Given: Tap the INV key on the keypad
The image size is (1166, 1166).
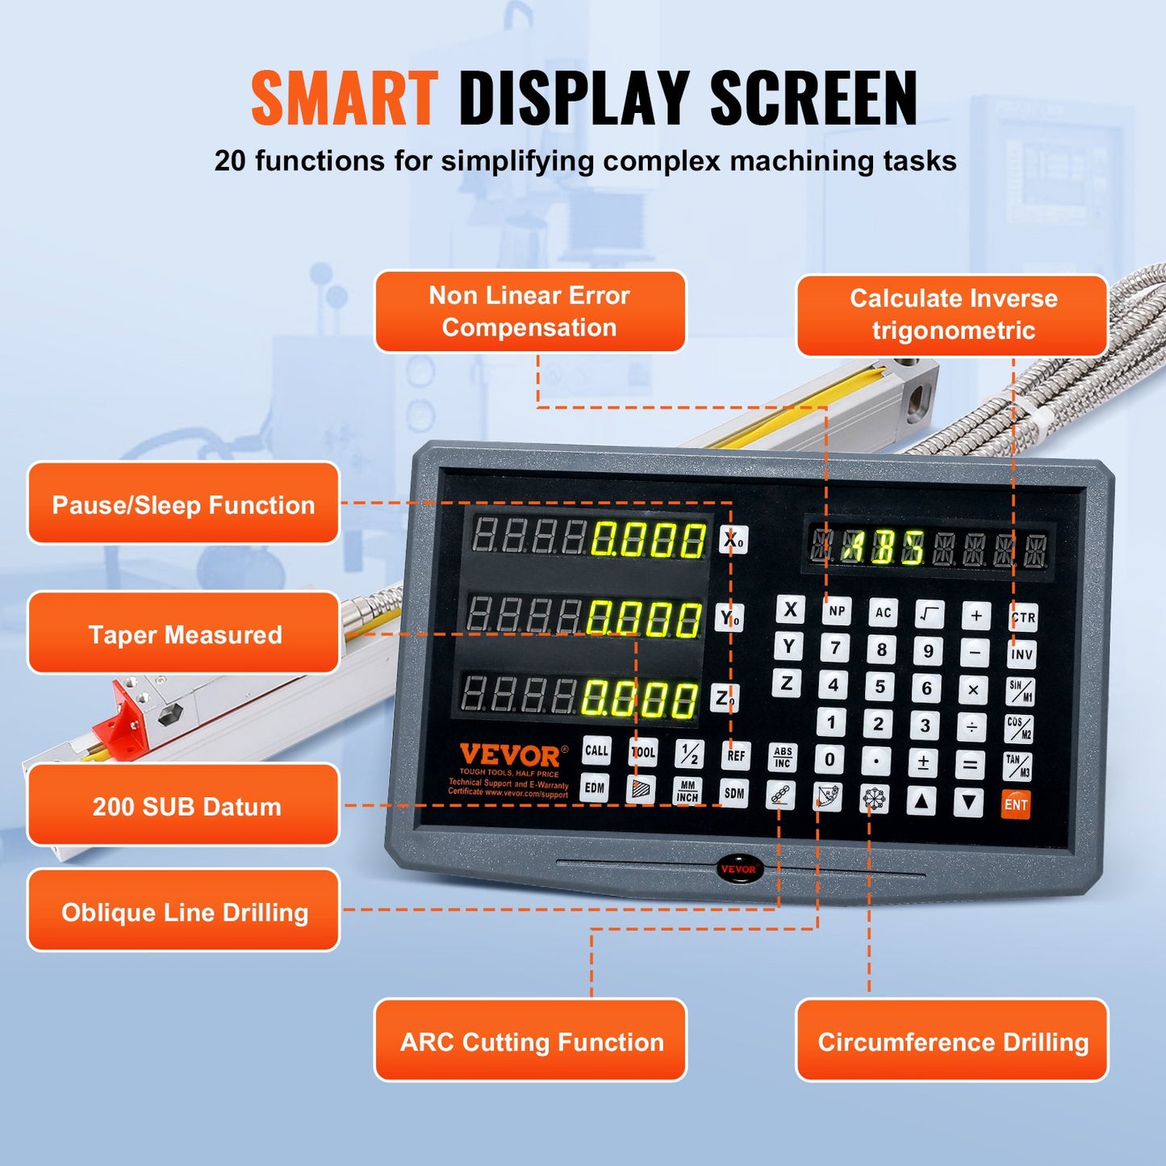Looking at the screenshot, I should pos(1022,654).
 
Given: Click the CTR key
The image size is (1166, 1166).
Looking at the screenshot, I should pos(1022,617).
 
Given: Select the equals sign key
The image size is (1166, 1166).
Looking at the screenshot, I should pos(971,764).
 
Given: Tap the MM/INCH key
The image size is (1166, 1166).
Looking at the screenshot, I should pos(687,792).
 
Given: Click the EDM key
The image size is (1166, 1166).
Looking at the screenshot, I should pos(595,788).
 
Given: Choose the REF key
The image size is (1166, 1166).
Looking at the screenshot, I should pos(735,755).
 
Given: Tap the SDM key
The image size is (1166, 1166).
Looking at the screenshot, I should pos(734,793).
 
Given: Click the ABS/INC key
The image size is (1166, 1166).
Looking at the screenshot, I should pos(782,757).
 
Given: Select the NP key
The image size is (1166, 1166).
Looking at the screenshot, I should pos(837,611).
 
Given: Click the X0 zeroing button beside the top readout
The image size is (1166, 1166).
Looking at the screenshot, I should pos(733,540).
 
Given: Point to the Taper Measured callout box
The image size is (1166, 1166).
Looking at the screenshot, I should pos(184,634).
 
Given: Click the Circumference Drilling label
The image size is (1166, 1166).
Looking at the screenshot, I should pos(952,1042).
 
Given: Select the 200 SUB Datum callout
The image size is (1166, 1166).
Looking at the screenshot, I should pos(184,806).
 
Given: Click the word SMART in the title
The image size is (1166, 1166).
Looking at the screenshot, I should pos(344,98).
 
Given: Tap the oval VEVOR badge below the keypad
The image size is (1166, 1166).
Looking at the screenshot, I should pos(738,869).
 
